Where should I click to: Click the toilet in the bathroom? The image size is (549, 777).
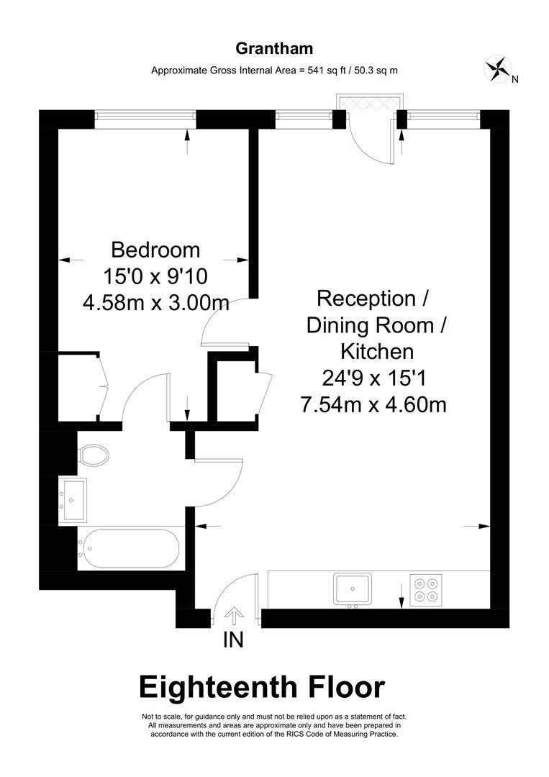point(94,454)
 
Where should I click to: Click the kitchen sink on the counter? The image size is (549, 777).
point(352,589)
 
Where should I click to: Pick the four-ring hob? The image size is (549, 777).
point(425,589)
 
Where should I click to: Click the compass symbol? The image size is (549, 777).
point(496,68)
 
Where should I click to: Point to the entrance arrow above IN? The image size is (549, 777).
point(233,616)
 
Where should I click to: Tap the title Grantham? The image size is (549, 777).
point(274,49)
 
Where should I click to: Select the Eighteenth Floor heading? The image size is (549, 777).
point(262,687)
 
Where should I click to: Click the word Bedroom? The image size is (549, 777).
point(155,250)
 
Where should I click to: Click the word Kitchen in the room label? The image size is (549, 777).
point(376,352)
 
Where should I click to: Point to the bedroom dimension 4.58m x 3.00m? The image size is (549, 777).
point(155,303)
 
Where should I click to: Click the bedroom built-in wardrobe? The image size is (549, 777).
point(78,387)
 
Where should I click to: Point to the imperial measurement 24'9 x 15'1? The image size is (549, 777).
point(374,378)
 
